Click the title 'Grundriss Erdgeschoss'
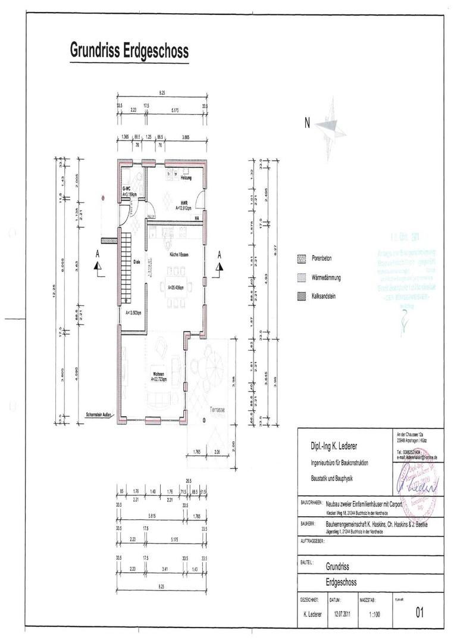tap(129, 51)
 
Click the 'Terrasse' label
tap(218, 410)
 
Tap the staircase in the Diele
tap(126, 262)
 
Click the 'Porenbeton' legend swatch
tap(300, 259)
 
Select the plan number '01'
tap(420, 611)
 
